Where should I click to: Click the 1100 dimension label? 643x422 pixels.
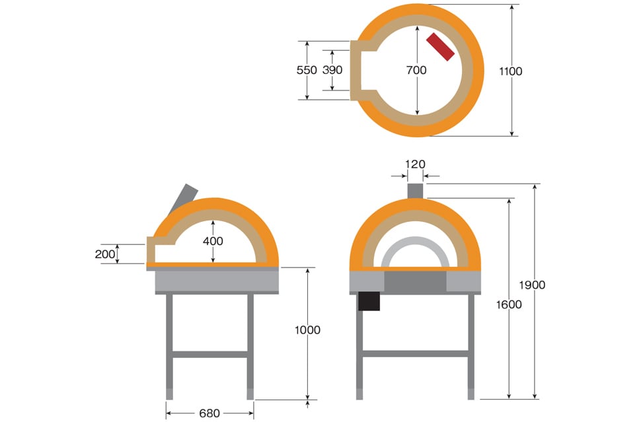pyautogui.click(x=511, y=71)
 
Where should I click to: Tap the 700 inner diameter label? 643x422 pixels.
pyautogui.click(x=416, y=70)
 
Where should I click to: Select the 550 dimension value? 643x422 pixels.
pyautogui.click(x=307, y=70)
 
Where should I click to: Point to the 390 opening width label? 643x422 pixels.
pyautogui.click(x=332, y=70)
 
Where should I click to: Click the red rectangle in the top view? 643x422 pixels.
pyautogui.click(x=440, y=47)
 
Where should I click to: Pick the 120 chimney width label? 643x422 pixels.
pyautogui.click(x=415, y=164)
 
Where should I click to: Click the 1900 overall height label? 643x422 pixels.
pyautogui.click(x=532, y=285)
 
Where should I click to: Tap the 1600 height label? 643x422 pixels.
pyautogui.click(x=508, y=304)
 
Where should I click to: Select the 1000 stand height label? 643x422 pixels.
pyautogui.click(x=307, y=330)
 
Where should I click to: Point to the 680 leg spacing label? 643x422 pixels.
pyautogui.click(x=209, y=413)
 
